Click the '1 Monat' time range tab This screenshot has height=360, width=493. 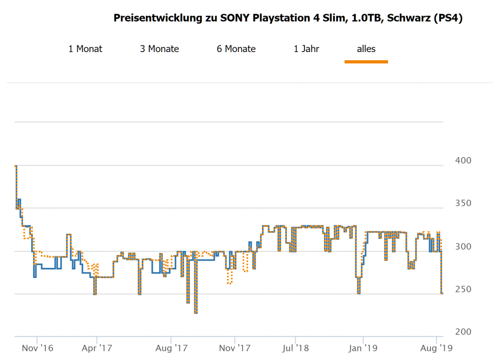(85, 49)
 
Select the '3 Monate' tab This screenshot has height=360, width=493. (159, 49)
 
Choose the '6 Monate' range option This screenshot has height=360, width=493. (236, 49)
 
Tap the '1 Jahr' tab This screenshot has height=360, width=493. (306, 49)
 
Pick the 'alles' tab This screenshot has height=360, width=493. (366, 49)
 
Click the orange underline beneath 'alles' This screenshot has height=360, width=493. (366, 62)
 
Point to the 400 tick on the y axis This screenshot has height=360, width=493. (463, 160)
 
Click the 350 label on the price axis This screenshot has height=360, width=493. (463, 203)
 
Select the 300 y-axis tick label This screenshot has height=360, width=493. (463, 246)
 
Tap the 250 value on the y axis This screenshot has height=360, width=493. (463, 289)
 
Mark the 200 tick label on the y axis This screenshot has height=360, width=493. (463, 332)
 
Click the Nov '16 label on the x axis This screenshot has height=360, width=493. (37, 347)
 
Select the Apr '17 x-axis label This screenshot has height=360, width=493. (97, 347)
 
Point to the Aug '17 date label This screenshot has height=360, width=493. (171, 347)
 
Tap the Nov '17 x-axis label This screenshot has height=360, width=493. (234, 347)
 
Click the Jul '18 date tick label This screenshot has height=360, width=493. (296, 347)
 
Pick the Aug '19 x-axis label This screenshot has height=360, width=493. (436, 347)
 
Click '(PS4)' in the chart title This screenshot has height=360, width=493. (448, 18)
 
